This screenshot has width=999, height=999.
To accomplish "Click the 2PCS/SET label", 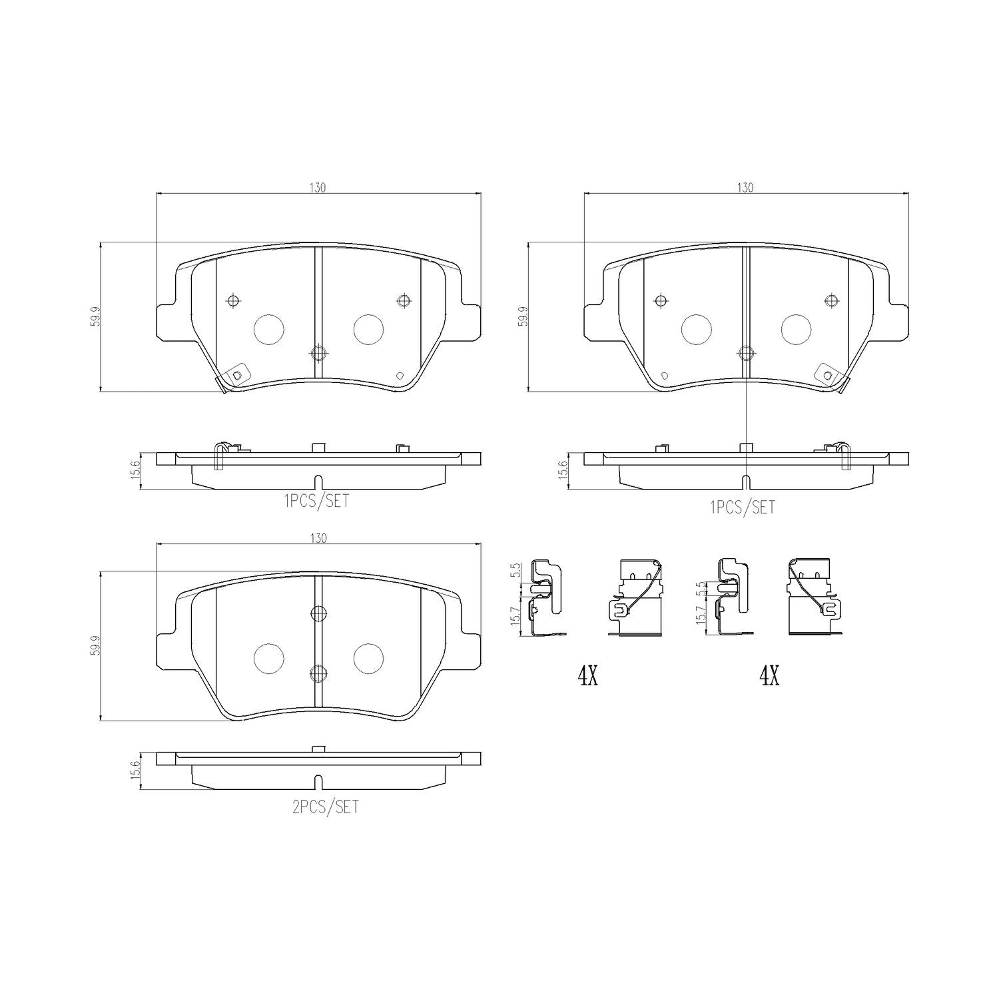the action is pos(325,807).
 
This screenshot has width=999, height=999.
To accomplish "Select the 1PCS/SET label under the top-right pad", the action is pos(743,507).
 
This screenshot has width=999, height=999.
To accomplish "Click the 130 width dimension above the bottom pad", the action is pos(318,538).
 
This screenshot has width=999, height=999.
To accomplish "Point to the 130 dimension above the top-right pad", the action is pos(745,188).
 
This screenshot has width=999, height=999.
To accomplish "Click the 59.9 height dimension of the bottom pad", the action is pos(95,645).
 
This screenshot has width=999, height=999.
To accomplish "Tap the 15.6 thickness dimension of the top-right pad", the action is pos(563,470).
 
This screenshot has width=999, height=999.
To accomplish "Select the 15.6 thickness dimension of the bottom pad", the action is pos(135,771).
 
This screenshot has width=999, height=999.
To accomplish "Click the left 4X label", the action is pos(588,677).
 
